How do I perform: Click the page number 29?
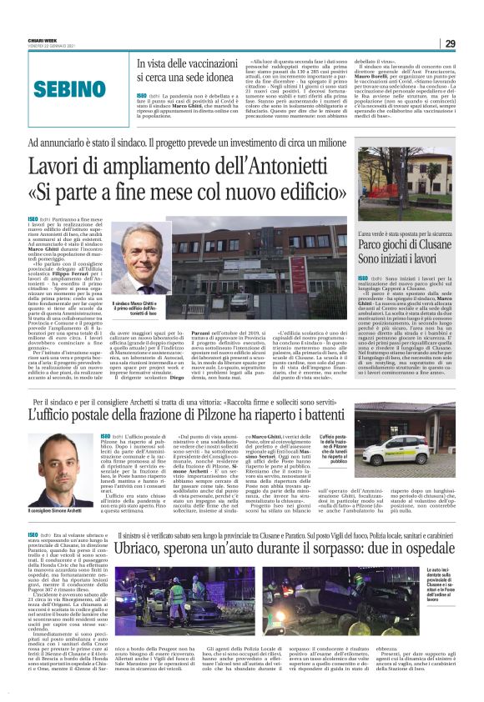tap(450, 43)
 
